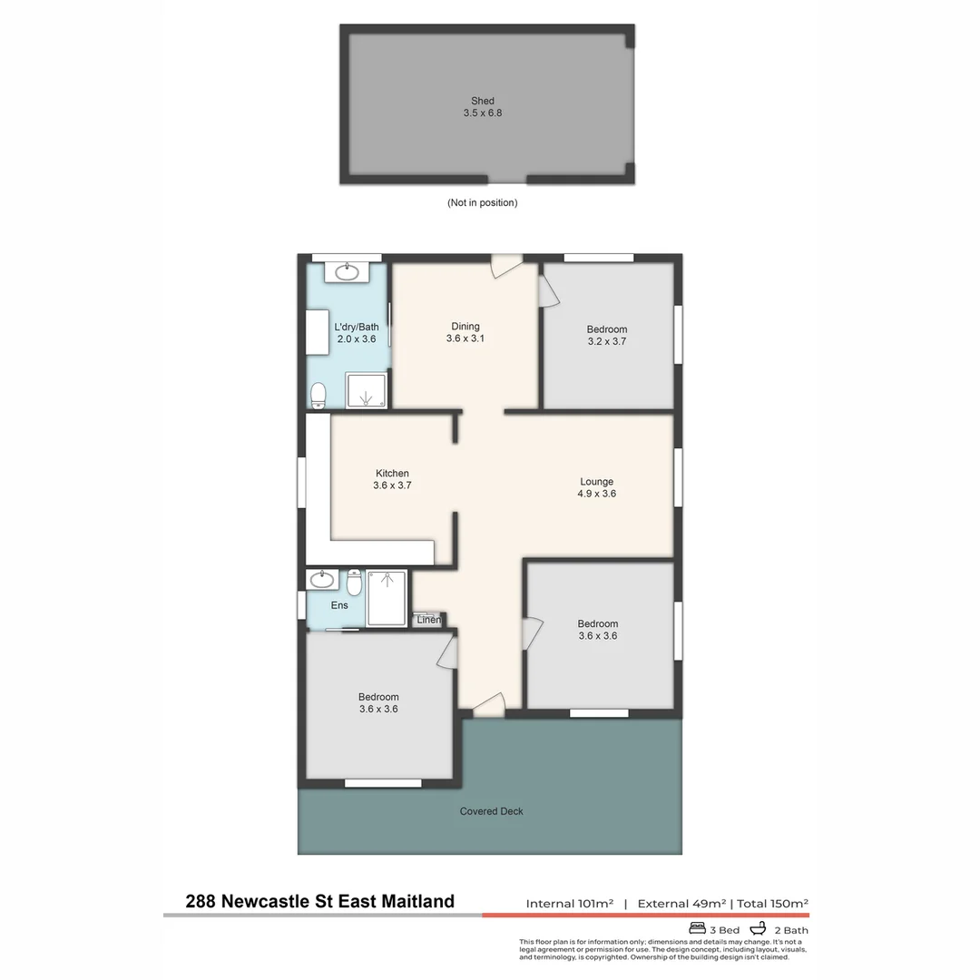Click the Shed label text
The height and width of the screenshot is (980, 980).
click(x=482, y=101)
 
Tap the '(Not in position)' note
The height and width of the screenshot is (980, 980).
click(x=482, y=202)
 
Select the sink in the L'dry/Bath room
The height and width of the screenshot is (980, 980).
click(x=347, y=270)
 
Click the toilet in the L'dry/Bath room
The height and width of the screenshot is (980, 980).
click(x=318, y=395)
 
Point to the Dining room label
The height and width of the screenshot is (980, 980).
click(x=465, y=327)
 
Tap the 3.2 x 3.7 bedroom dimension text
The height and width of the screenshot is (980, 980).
click(x=606, y=342)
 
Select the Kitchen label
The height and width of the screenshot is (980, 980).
click(x=392, y=473)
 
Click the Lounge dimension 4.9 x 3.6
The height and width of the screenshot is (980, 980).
click(x=596, y=494)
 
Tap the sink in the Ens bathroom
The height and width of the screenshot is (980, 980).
click(x=321, y=579)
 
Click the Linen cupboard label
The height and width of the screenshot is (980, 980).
click(x=429, y=620)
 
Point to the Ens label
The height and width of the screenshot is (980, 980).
click(x=338, y=605)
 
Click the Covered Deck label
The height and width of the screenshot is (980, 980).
click(x=491, y=811)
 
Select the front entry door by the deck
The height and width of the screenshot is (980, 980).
click(x=489, y=704)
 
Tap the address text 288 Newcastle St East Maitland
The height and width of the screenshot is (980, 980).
click(x=319, y=901)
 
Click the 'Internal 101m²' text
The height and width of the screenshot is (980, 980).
click(x=569, y=903)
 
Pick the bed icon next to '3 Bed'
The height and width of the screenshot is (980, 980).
click(x=698, y=928)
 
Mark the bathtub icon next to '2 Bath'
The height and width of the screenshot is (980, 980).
click(x=759, y=928)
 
